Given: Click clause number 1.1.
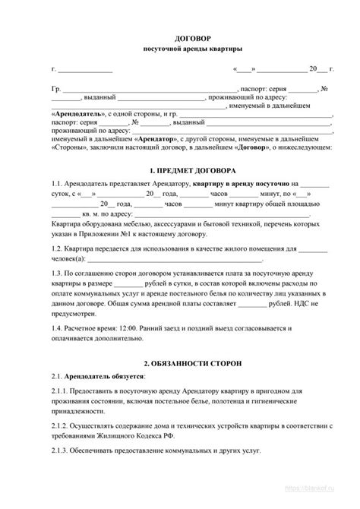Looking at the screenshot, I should tap(57, 185).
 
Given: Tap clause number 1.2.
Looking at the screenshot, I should tap(57, 248).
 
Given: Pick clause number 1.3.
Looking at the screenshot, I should tap(57, 273).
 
